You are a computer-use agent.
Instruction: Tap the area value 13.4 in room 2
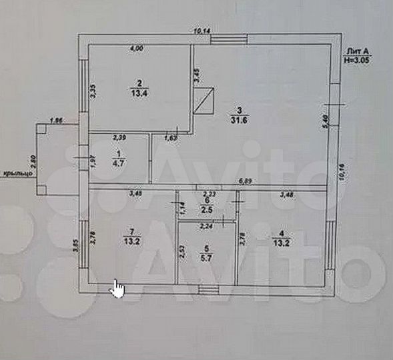point(139,93)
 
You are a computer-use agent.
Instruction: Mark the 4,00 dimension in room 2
point(136,49)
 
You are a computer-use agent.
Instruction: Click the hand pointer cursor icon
point(117,289)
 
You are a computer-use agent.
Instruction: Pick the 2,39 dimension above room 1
point(119,137)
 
